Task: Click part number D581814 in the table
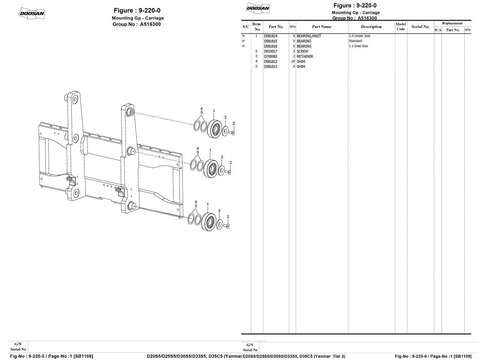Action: pos(270,36)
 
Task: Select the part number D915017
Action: pos(270,52)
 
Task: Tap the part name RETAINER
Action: pos(305,57)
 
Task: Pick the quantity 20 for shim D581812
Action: pos(293,61)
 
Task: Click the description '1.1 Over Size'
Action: pos(358,46)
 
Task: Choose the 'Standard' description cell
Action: pos(355,41)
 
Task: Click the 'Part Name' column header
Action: pos(322,27)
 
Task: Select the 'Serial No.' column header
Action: pos(420,27)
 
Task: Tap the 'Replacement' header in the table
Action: pos(452,23)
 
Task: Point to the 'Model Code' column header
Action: pos(401,27)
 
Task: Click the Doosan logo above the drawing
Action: pos(32,13)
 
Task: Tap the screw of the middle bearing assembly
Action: pos(228,172)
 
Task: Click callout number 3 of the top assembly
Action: pos(225,118)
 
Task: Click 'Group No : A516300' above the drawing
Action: pos(137,24)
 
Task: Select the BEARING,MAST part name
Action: pos(308,36)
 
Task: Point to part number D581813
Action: pos(270,67)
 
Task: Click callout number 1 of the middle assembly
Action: pos(210,150)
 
